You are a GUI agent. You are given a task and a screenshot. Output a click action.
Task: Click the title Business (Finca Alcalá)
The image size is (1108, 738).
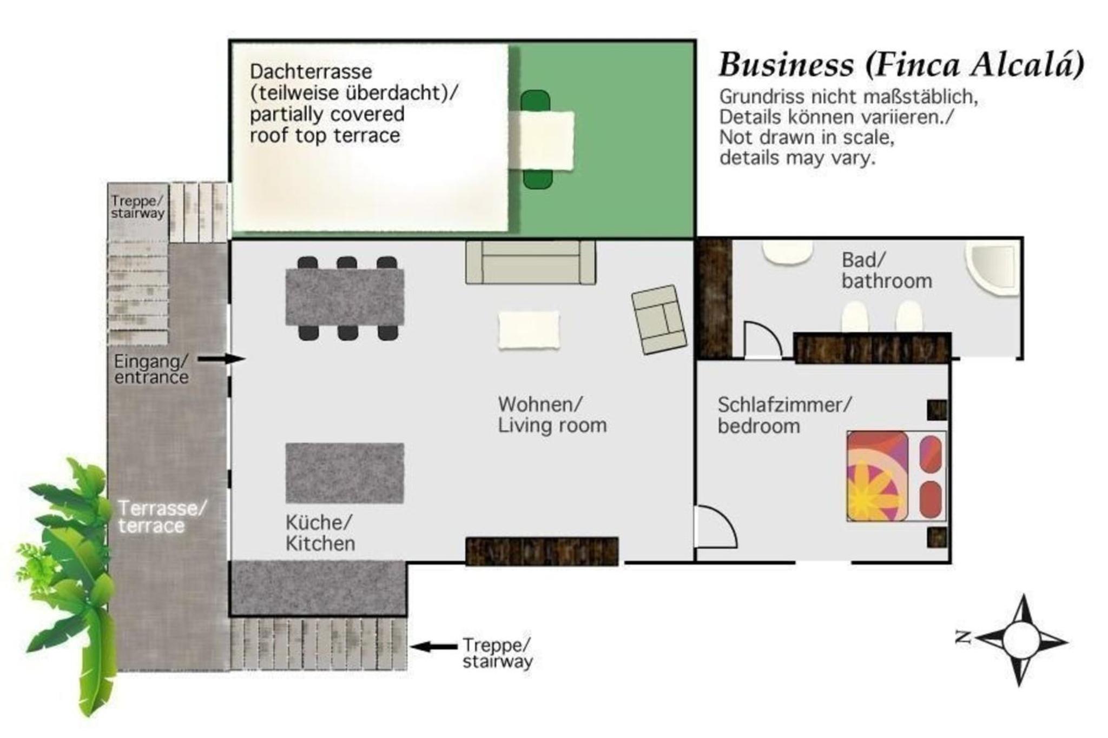coord(901,65)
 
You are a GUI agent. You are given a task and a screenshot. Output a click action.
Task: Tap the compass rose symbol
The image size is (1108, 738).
coord(1020,640)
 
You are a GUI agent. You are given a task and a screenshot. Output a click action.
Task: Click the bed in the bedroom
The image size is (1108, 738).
coord(896,476)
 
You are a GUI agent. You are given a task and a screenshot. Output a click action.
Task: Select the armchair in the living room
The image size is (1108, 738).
coord(659,320)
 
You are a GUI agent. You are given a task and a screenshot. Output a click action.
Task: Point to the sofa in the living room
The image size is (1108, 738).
coord(531,262)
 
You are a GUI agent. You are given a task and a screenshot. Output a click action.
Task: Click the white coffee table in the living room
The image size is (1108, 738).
coord(529,330)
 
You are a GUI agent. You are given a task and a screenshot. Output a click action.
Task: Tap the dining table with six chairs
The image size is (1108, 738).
coord(345,298)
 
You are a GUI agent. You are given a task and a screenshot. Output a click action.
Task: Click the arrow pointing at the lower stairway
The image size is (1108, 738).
coord(433,646)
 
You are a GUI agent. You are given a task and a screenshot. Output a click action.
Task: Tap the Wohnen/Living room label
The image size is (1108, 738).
coord(552,415)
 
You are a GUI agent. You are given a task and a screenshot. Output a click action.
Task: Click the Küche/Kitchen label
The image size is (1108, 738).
coord(320,533)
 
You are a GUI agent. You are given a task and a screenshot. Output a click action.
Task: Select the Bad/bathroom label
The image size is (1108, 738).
coord(887,270)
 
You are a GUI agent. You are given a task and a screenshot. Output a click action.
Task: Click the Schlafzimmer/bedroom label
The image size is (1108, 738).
coord(784,415)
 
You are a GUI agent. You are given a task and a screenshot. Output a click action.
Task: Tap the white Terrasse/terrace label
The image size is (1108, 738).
coord(162,517)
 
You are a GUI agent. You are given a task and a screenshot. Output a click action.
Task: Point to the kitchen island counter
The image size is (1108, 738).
coord(345,473)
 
